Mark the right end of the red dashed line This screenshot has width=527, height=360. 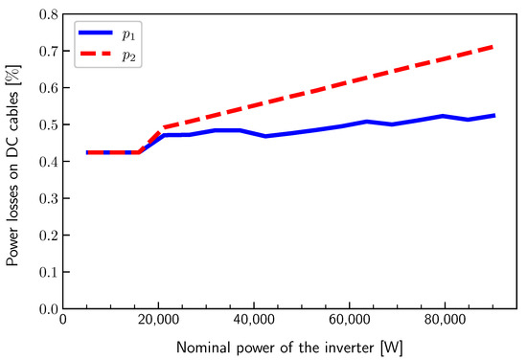click(493, 46)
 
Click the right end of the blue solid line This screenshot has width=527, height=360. click(493, 115)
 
